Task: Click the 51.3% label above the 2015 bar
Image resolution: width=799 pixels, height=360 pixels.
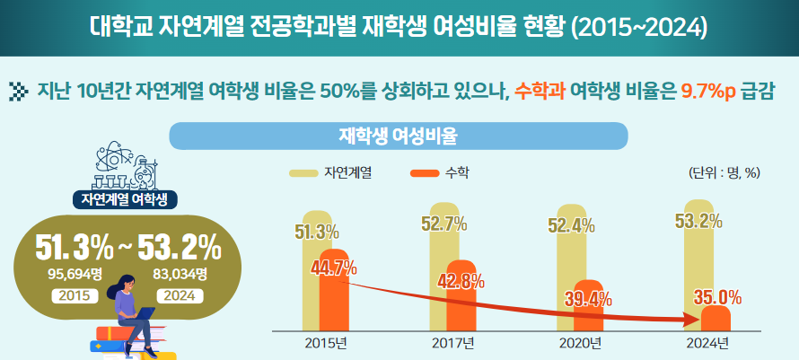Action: pyautogui.click(x=317, y=233)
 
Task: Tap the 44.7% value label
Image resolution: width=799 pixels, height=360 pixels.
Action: pyautogui.click(x=333, y=267)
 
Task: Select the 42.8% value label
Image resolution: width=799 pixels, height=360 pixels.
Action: pyautogui.click(x=461, y=281)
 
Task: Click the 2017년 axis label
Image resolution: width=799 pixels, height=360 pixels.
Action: pyautogui.click(x=452, y=343)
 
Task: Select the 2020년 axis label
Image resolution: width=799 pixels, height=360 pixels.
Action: pyautogui.click(x=579, y=343)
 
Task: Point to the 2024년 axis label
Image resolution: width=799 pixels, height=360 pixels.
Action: pyautogui.click(x=707, y=343)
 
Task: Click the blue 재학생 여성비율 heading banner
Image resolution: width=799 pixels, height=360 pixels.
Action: pyautogui.click(x=398, y=136)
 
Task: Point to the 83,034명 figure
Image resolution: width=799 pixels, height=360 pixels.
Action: pyautogui.click(x=180, y=274)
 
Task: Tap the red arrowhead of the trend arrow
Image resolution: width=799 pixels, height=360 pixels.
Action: pyautogui.click(x=691, y=318)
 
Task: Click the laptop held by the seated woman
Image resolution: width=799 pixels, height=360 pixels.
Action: pyautogui.click(x=143, y=313)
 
